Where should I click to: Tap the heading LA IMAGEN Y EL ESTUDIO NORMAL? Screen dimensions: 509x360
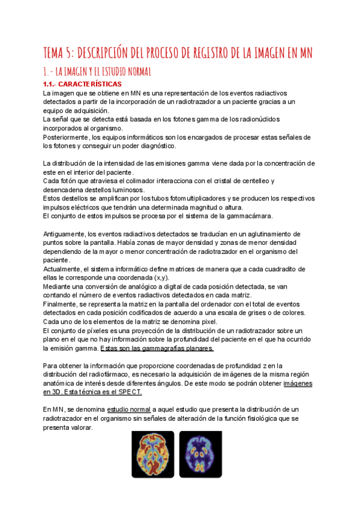[x=100, y=72]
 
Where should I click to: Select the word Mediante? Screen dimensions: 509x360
[x=59, y=286]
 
